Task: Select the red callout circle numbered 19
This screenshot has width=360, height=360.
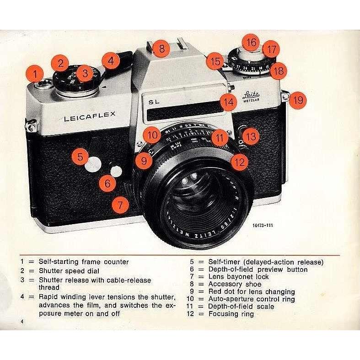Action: coord(298,100)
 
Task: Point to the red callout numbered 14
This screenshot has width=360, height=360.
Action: coord(228,102)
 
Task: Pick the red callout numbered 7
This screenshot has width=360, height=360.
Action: coord(120,205)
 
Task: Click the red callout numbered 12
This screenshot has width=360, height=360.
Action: coord(239,161)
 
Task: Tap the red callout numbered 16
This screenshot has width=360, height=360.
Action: coord(251,43)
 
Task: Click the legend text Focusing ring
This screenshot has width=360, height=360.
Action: coord(231,314)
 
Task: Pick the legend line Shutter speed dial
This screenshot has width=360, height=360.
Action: coord(71,269)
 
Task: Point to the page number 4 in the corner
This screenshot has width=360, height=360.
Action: coord(21,323)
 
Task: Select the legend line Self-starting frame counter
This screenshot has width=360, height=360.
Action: coord(84,262)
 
